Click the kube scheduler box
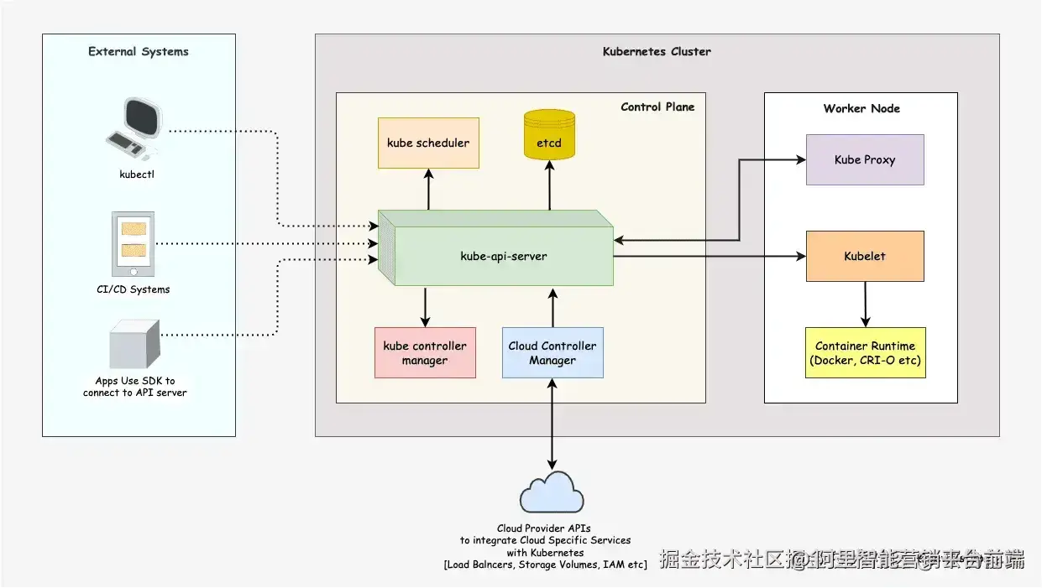(x=428, y=143)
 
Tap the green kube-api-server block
(x=504, y=256)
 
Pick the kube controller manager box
(x=425, y=353)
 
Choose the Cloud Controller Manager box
(x=552, y=353)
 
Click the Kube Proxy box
(x=865, y=159)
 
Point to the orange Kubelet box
(x=865, y=256)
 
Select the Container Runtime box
(x=865, y=353)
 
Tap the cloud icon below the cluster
(x=552, y=492)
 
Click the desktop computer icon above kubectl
(x=134, y=129)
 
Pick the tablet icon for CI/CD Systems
(x=134, y=244)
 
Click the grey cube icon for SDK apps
(x=134, y=344)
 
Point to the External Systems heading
(x=139, y=52)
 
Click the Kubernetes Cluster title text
(x=657, y=52)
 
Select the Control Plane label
(x=657, y=107)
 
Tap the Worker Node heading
(x=861, y=109)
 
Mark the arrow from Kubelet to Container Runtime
(x=865, y=304)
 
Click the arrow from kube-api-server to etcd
(x=550, y=185)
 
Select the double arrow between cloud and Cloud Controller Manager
(x=552, y=424)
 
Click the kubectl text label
(x=137, y=175)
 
